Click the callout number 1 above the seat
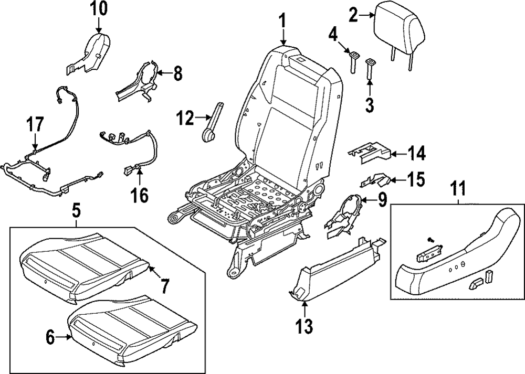coord(282,20)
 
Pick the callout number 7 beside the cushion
coord(164,286)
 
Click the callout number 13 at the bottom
coord(304,327)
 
